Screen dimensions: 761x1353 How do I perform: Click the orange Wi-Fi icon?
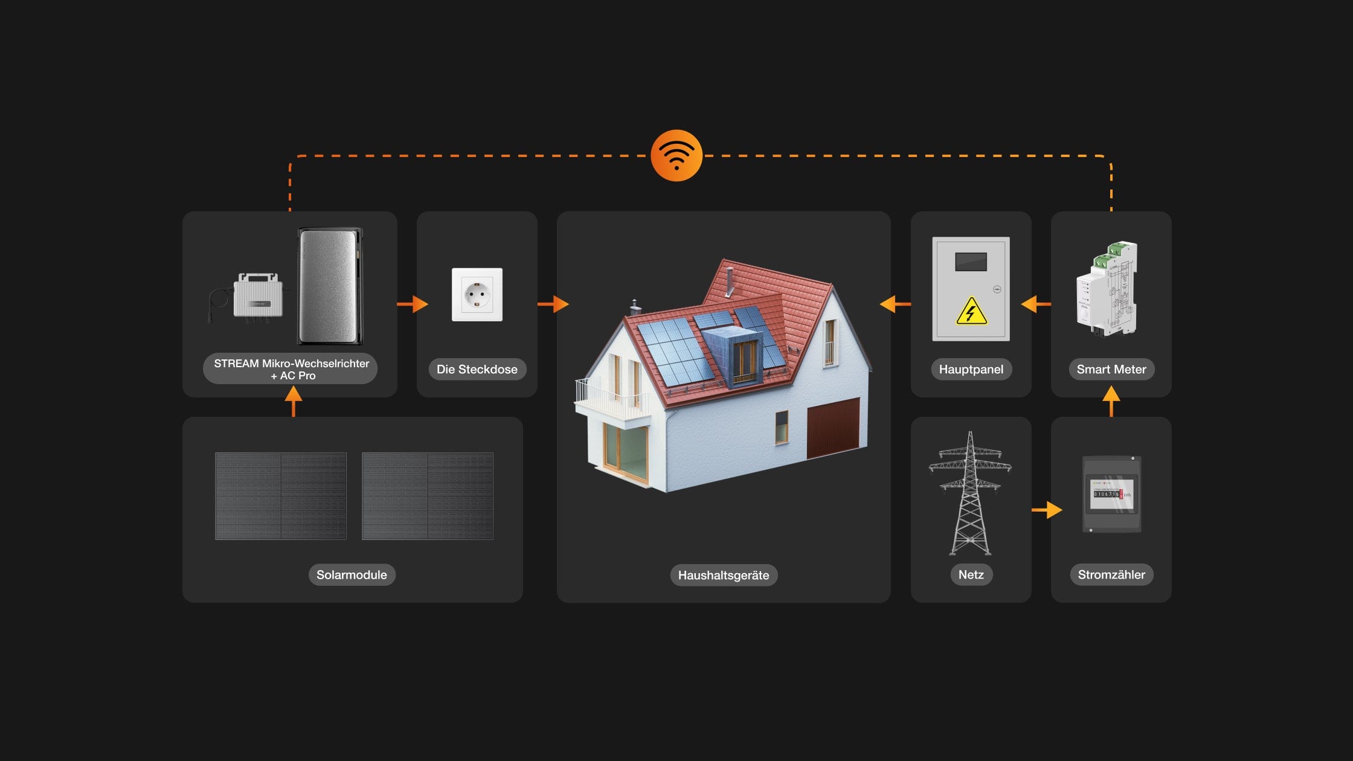[676, 155]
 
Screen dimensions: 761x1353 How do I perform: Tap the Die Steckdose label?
[477, 369]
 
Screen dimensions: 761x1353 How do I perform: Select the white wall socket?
[477, 295]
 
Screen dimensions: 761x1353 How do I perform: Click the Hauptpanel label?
[971, 369]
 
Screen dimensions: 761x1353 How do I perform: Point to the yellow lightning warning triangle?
[971, 312]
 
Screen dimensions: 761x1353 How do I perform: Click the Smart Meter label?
[1111, 369]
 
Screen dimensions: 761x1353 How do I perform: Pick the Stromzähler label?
[1111, 574]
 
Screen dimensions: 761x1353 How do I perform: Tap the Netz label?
[971, 574]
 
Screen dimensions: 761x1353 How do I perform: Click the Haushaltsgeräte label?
[724, 575]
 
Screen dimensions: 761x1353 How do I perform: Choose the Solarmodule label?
[352, 574]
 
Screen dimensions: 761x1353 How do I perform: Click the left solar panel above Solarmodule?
[281, 496]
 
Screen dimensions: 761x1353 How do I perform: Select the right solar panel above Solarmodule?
[428, 496]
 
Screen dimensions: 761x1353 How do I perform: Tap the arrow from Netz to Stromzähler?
[1047, 510]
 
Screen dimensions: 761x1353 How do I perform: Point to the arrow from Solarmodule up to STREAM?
[294, 402]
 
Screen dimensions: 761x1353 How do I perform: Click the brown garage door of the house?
[834, 428]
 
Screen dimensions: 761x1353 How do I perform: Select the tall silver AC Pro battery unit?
[330, 286]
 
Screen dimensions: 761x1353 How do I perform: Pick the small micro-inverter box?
[258, 297]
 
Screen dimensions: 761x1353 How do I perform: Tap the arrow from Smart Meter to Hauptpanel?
[1035, 304]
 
